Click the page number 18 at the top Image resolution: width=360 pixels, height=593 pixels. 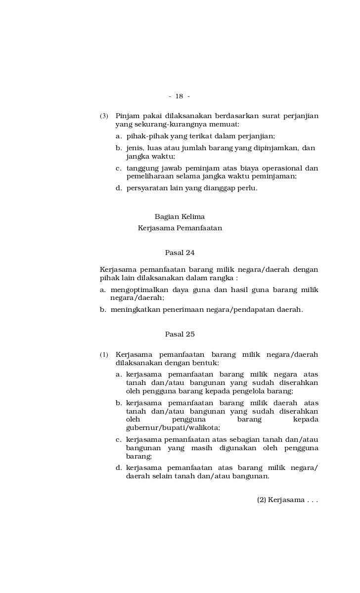pos(179,96)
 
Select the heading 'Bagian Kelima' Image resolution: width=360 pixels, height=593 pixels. pos(180,216)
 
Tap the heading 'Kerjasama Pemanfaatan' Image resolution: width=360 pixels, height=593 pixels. pos(180,228)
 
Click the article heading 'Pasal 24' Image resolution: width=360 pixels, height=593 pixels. pos(180,253)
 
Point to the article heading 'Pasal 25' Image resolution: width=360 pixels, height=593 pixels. pos(180,334)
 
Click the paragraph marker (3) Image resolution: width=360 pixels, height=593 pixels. pos(104,117)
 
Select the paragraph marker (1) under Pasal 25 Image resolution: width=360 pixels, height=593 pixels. pos(104,355)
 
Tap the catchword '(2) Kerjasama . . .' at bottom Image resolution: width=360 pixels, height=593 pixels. pos(287,500)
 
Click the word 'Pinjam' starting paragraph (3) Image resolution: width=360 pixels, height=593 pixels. pos(126,116)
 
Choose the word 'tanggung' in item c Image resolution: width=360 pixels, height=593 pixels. pos(142,168)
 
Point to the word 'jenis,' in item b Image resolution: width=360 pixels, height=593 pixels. pos(135,148)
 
